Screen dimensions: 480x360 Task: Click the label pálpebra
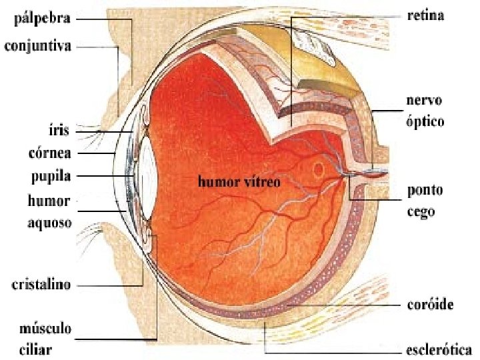[41, 19]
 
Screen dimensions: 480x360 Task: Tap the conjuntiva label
[47, 47]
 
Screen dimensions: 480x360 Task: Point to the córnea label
[51, 153]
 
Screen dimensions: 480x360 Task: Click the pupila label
[51, 177]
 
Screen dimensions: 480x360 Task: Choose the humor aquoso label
[49, 211]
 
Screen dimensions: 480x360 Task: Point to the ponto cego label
[425, 201]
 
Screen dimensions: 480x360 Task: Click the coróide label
[430, 305]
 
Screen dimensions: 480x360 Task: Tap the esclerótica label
[439, 349]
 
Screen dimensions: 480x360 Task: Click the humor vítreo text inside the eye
[238, 181]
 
